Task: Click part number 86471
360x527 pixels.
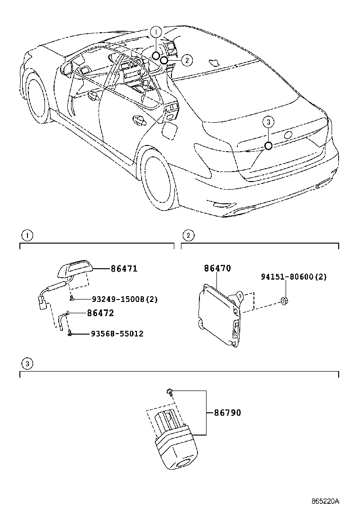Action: coord(124,269)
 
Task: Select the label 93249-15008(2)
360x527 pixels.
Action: coord(125,299)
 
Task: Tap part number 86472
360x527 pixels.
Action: coord(100,313)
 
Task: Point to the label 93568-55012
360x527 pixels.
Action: coord(117,334)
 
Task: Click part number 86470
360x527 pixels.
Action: coord(217,269)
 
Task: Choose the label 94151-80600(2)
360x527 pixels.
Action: coord(294,277)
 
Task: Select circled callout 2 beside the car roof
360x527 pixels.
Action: coord(187,60)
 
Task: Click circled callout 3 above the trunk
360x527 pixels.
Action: coord(268,122)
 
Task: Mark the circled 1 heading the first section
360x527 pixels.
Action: coord(28,236)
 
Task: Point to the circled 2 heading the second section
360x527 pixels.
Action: coord(188,236)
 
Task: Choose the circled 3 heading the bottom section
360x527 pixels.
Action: coord(28,364)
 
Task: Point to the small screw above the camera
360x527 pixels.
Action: coord(170,391)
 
